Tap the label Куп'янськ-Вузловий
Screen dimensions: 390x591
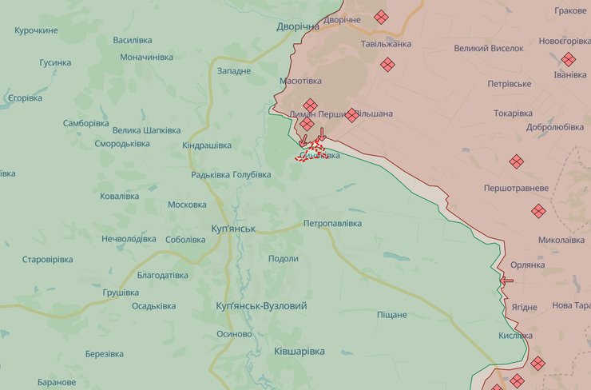(x=261, y=306)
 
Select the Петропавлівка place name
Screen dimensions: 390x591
(x=332, y=224)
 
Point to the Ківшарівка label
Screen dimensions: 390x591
(x=299, y=352)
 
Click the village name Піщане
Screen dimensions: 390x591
(x=391, y=315)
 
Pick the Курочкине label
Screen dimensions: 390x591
(x=36, y=30)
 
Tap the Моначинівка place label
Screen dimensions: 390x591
(x=146, y=58)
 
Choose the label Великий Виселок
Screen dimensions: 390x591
(x=489, y=48)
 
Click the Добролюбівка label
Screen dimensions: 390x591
(x=554, y=127)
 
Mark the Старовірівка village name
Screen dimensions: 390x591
(x=47, y=260)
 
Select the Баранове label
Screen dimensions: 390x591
(x=56, y=382)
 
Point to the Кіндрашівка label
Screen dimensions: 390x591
(x=207, y=145)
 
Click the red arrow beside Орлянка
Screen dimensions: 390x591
(x=506, y=281)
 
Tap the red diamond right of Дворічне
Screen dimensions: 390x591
(x=381, y=17)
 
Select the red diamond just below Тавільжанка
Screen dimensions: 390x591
(x=387, y=65)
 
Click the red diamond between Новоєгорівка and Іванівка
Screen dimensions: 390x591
(x=568, y=59)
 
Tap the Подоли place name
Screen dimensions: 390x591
(x=284, y=259)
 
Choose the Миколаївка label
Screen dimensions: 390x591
(x=561, y=240)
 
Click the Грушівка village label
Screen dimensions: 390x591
(x=121, y=292)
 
